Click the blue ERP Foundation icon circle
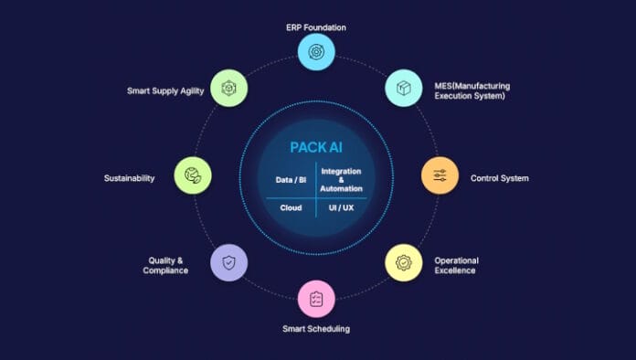tap(316, 52)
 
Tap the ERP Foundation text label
tap(316, 27)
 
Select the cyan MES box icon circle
tap(404, 88)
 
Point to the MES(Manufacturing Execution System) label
tap(472, 90)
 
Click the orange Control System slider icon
tap(440, 175)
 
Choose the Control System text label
tap(499, 178)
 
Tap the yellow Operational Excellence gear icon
tap(404, 263)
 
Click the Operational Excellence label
tap(456, 266)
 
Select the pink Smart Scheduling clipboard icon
tap(316, 299)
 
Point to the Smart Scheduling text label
tap(316, 329)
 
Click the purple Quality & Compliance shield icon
tap(228, 263)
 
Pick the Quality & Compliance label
tap(165, 266)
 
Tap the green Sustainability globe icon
tap(193, 175)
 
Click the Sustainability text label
tap(129, 178)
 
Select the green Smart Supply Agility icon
tap(228, 88)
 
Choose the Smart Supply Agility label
tap(165, 90)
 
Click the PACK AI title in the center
tap(316, 148)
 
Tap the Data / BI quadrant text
tap(291, 180)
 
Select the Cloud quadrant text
tap(291, 208)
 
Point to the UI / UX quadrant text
tap(341, 208)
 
